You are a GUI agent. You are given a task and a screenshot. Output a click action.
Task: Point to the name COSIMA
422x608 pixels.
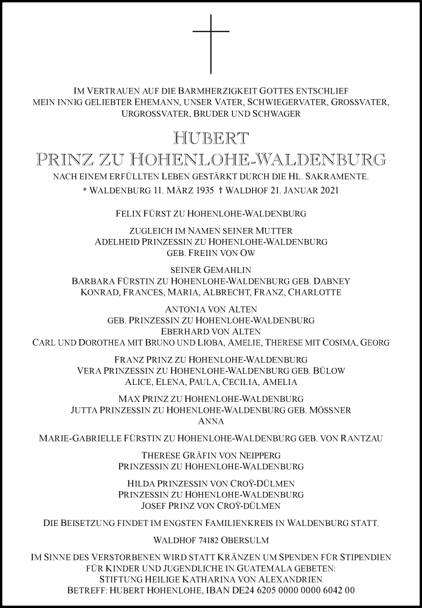pos(344,342)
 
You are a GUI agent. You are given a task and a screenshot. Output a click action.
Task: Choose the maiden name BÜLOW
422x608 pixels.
pos(331,371)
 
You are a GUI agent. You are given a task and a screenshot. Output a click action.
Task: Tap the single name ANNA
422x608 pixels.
pos(211,421)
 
